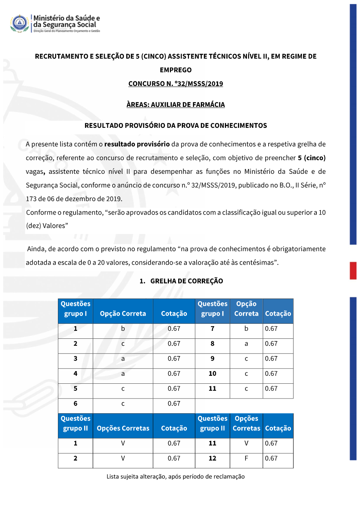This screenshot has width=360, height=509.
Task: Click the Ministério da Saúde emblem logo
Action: [x=19, y=23]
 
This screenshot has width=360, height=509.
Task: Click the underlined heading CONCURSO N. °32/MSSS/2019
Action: [x=176, y=84]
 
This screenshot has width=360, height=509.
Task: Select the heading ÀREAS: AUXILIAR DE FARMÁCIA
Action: [x=176, y=104]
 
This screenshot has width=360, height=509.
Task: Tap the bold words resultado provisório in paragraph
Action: [x=137, y=144]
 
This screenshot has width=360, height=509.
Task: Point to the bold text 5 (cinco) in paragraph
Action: [x=311, y=158]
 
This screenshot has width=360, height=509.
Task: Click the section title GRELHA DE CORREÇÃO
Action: [x=186, y=281]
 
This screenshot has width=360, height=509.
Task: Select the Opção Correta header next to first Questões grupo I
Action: [x=123, y=314]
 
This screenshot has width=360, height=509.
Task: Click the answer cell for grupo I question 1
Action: [x=123, y=329]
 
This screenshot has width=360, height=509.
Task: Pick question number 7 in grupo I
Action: [x=212, y=329]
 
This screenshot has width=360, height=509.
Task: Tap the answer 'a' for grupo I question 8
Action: [x=246, y=344]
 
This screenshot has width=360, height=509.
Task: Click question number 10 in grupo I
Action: [x=212, y=374]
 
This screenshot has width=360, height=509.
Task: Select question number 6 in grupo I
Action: [x=75, y=404]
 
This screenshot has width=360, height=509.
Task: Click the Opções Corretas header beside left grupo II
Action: [x=123, y=428]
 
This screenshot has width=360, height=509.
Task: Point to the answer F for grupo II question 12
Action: [x=246, y=458]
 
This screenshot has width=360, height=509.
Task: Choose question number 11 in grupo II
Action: [x=212, y=443]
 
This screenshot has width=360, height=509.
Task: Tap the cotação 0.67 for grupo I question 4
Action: [x=174, y=374]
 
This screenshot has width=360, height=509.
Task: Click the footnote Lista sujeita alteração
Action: [x=176, y=476]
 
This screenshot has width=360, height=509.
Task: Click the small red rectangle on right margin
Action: [x=353, y=271]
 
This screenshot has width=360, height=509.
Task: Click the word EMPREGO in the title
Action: [x=176, y=70]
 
